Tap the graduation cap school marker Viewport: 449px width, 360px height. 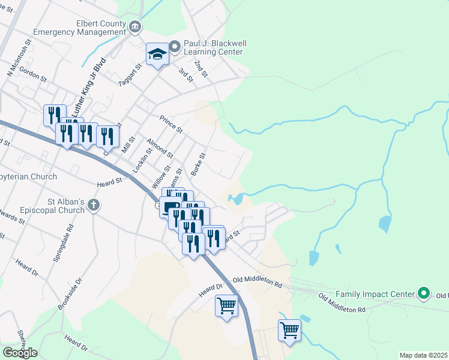[157, 55]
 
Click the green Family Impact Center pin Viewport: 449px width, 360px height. [424, 294]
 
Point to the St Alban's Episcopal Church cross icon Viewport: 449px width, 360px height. [93, 205]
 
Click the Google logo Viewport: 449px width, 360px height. [20, 353]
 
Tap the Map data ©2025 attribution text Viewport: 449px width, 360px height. [423, 355]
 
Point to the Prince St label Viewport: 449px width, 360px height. [171, 124]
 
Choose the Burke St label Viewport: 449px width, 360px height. [198, 164]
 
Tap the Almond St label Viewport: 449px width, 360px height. [159, 148]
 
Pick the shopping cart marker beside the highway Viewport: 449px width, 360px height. [226, 306]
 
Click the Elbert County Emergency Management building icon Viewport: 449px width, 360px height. [135, 26]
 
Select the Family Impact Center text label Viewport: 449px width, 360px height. [375, 294]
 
